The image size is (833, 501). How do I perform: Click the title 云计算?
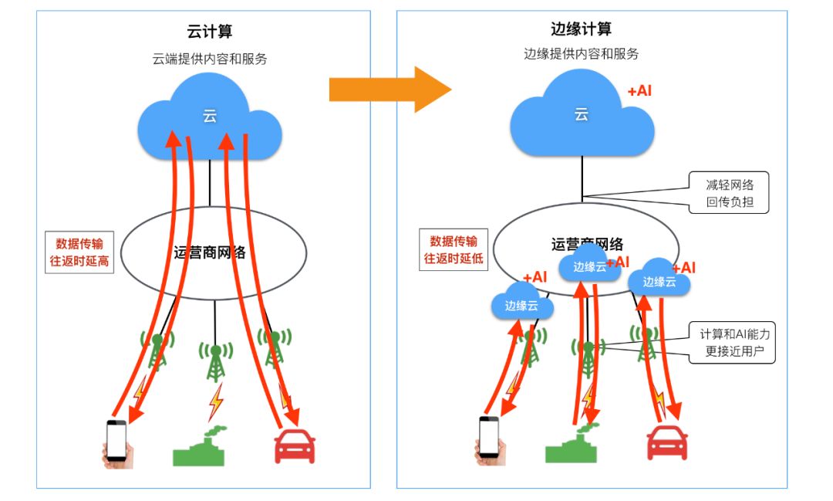click(x=210, y=32)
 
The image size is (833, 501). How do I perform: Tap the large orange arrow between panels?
click(x=390, y=90)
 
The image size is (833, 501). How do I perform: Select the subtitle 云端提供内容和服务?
click(x=210, y=59)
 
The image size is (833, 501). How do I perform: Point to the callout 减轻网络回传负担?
click(x=730, y=193)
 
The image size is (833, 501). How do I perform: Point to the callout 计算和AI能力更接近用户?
click(x=734, y=344)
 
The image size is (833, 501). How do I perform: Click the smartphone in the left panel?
click(x=116, y=444)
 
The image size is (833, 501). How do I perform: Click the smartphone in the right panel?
click(x=489, y=441)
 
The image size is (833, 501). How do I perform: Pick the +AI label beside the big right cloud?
click(x=640, y=91)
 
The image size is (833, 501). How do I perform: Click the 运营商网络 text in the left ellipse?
click(x=209, y=252)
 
